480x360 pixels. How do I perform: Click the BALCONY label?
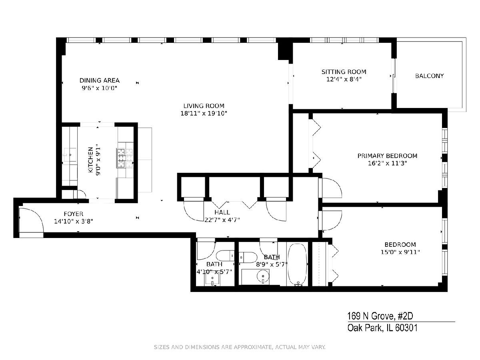click(429, 76)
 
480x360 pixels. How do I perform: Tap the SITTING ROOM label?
click(344, 72)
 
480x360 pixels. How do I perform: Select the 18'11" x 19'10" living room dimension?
click(204, 114)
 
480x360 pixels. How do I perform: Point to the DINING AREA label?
click(100, 80)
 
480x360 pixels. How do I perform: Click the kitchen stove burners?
click(125, 158)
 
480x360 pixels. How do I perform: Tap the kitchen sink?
click(70, 155)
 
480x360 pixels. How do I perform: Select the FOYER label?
click(74, 214)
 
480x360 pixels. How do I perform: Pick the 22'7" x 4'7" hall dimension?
click(222, 220)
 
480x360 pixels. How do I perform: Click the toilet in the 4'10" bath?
click(225, 256)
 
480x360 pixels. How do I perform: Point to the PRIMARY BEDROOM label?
click(387, 156)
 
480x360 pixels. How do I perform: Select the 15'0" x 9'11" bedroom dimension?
click(400, 252)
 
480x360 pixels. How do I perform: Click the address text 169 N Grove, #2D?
click(380, 316)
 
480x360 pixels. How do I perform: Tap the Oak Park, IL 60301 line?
click(382, 328)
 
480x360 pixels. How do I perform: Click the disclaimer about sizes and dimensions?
click(240, 347)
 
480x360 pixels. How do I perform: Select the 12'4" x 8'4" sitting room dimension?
click(344, 79)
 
